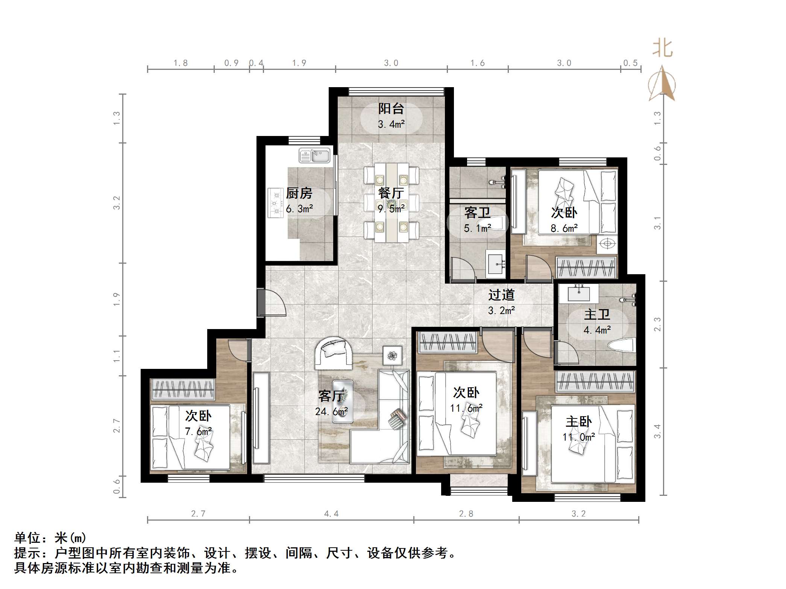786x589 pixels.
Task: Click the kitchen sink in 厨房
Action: (314, 156)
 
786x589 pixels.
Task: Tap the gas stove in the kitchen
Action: (276, 203)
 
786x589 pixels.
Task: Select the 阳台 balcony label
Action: (391, 109)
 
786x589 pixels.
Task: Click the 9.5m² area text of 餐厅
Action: (391, 208)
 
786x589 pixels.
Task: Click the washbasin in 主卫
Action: (578, 293)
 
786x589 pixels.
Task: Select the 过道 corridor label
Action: (501, 295)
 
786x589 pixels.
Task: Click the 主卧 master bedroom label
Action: (579, 422)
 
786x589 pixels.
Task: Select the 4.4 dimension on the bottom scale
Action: (331, 513)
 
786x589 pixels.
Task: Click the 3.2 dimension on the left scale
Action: (117, 203)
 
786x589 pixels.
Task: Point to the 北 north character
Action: (662, 49)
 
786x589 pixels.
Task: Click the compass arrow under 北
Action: (662, 83)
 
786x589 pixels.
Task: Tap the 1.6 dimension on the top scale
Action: (478, 63)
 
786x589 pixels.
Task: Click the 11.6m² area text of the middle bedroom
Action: (466, 408)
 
